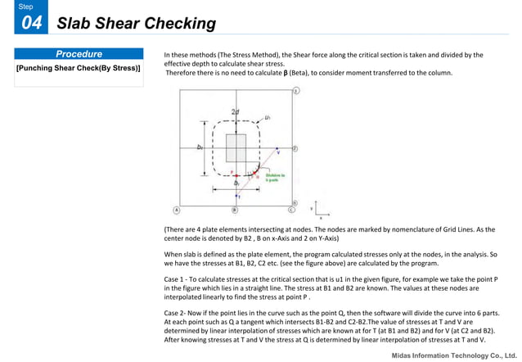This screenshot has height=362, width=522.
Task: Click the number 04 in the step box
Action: (30, 23)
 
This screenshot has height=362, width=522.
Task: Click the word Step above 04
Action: (26, 7)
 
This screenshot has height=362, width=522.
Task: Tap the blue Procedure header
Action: (79, 54)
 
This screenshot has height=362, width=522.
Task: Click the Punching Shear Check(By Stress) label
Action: (79, 68)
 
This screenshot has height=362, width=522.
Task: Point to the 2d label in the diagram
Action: (236, 111)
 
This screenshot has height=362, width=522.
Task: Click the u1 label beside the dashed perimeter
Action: (267, 117)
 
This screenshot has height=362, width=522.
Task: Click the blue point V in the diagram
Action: (277, 152)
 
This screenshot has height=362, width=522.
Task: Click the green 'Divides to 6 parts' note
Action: (275, 177)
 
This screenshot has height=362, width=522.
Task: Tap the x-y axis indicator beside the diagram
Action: (315, 212)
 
